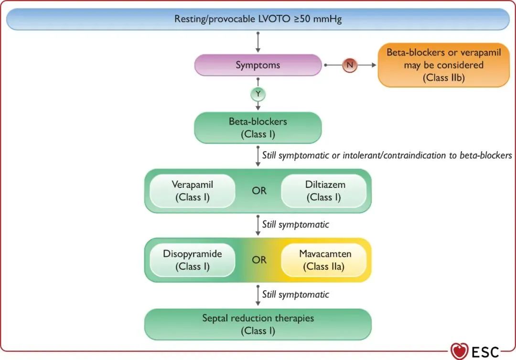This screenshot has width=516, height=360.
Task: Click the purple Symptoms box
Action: (258, 65)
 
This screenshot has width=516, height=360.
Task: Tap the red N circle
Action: (349, 65)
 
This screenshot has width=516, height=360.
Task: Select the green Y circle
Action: (258, 94)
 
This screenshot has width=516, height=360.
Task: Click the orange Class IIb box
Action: (443, 65)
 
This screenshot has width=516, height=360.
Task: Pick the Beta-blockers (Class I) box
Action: (258, 128)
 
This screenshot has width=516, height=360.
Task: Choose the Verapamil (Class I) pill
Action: (193, 191)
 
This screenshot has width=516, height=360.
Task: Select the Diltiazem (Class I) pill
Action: (324, 191)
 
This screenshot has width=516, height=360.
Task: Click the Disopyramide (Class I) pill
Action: (193, 260)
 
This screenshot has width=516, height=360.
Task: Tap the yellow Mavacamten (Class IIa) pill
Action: (324, 260)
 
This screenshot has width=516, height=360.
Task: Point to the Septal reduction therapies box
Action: (258, 325)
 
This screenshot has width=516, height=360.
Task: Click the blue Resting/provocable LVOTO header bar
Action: (258, 19)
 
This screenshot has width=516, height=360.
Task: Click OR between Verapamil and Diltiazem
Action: (259, 191)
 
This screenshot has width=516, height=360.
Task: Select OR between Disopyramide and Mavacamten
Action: (259, 260)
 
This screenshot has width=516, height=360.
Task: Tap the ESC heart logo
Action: (460, 351)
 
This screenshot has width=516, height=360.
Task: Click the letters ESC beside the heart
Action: (485, 352)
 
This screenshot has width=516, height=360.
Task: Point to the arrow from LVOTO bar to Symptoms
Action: (258, 42)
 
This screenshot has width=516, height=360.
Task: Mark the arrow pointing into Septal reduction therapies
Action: (258, 295)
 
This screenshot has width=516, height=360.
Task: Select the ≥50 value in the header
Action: (302, 19)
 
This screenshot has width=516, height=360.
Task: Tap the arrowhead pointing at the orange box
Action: (374, 65)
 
